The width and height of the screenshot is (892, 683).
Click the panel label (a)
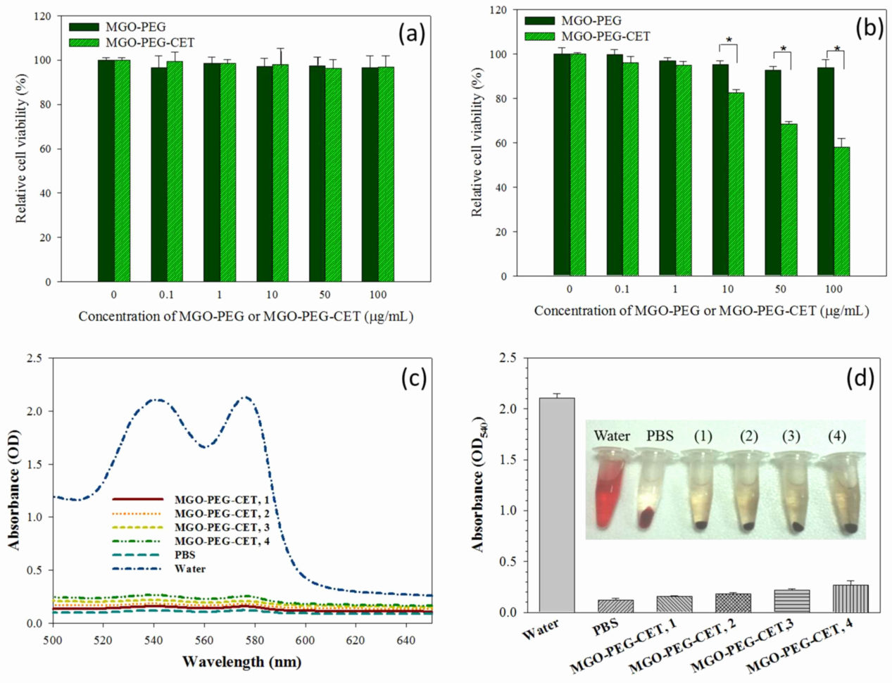tap(412, 33)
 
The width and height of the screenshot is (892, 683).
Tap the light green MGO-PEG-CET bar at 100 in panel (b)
tap(842, 211)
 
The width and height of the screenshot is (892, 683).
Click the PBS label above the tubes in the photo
tap(660, 436)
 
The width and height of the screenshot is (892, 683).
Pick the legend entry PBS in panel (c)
tap(185, 555)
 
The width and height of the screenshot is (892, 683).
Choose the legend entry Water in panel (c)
tap(190, 568)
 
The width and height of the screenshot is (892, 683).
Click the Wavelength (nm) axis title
tap(241, 662)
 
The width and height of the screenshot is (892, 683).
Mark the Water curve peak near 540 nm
tap(156, 400)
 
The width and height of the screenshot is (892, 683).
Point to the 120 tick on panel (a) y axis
tap(44, 15)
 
